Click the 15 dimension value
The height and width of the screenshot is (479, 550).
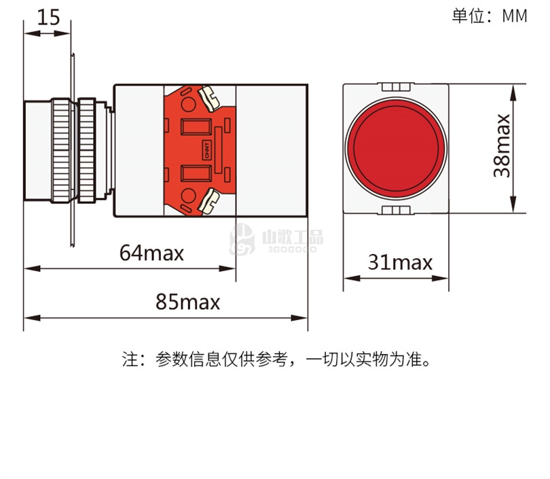[x=48, y=17]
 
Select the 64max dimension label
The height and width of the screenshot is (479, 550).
[x=151, y=253]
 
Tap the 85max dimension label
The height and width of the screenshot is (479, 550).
[x=187, y=302]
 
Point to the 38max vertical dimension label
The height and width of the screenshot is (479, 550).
[x=502, y=145]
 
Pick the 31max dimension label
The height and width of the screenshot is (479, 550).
[x=400, y=262]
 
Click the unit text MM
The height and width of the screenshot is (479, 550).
[x=515, y=16]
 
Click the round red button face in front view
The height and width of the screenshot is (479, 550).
[x=396, y=148]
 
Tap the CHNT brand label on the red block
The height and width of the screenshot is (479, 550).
[x=207, y=150]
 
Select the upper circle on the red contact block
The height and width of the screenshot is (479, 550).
[x=188, y=104]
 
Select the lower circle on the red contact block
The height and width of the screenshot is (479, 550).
[x=188, y=196]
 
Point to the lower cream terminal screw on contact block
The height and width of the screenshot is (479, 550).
[x=209, y=201]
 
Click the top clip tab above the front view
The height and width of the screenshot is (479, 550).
[x=396, y=87]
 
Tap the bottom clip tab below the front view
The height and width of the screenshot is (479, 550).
[x=396, y=210]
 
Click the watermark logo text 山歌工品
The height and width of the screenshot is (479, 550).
[x=293, y=237]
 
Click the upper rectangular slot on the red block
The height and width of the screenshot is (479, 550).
[x=196, y=126]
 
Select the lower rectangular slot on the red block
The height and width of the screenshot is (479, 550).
[x=196, y=173]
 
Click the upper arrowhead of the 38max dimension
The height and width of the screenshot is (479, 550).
[x=513, y=92]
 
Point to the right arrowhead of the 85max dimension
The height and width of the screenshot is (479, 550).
[x=299, y=318]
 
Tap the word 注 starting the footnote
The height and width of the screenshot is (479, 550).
[x=130, y=359]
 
